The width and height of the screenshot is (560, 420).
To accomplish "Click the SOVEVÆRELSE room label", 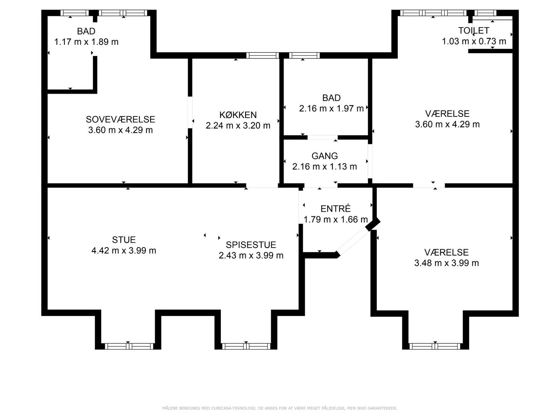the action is pyautogui.click(x=120, y=119).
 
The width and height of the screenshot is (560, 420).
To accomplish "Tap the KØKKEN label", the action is pyautogui.click(x=238, y=115).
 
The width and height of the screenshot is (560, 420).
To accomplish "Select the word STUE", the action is pyautogui.click(x=124, y=240).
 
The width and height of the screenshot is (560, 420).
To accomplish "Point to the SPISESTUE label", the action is pyautogui.click(x=251, y=245).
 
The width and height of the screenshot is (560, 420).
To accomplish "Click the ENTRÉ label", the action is pyautogui.click(x=336, y=208).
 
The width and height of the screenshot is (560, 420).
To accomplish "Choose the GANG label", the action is pyautogui.click(x=324, y=156).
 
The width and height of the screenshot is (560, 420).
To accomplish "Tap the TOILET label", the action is pyautogui.click(x=474, y=31).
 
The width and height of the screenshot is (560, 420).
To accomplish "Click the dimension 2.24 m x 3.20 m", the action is pyautogui.click(x=238, y=126).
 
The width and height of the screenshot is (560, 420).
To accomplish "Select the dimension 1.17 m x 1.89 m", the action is pyautogui.click(x=86, y=42).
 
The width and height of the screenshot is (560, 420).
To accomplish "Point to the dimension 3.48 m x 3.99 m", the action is pyautogui.click(x=446, y=263).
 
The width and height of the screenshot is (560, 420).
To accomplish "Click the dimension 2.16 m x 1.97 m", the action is pyautogui.click(x=332, y=108).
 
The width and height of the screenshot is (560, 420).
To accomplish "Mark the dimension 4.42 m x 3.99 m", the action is pyautogui.click(x=124, y=250).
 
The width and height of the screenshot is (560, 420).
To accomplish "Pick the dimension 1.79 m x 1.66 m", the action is pyautogui.click(x=336, y=219).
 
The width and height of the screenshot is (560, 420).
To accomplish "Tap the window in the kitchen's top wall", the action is pyautogui.click(x=262, y=55).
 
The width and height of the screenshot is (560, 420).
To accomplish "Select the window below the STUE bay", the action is pyautogui.click(x=129, y=346).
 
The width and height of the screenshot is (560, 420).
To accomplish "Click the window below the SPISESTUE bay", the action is pyautogui.click(x=246, y=346).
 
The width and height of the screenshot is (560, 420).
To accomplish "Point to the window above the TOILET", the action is pyautogui.click(x=485, y=13).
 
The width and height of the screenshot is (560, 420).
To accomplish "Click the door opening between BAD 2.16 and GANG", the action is pyautogui.click(x=322, y=138).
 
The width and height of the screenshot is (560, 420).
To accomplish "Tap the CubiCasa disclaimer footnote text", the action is pyautogui.click(x=280, y=408).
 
